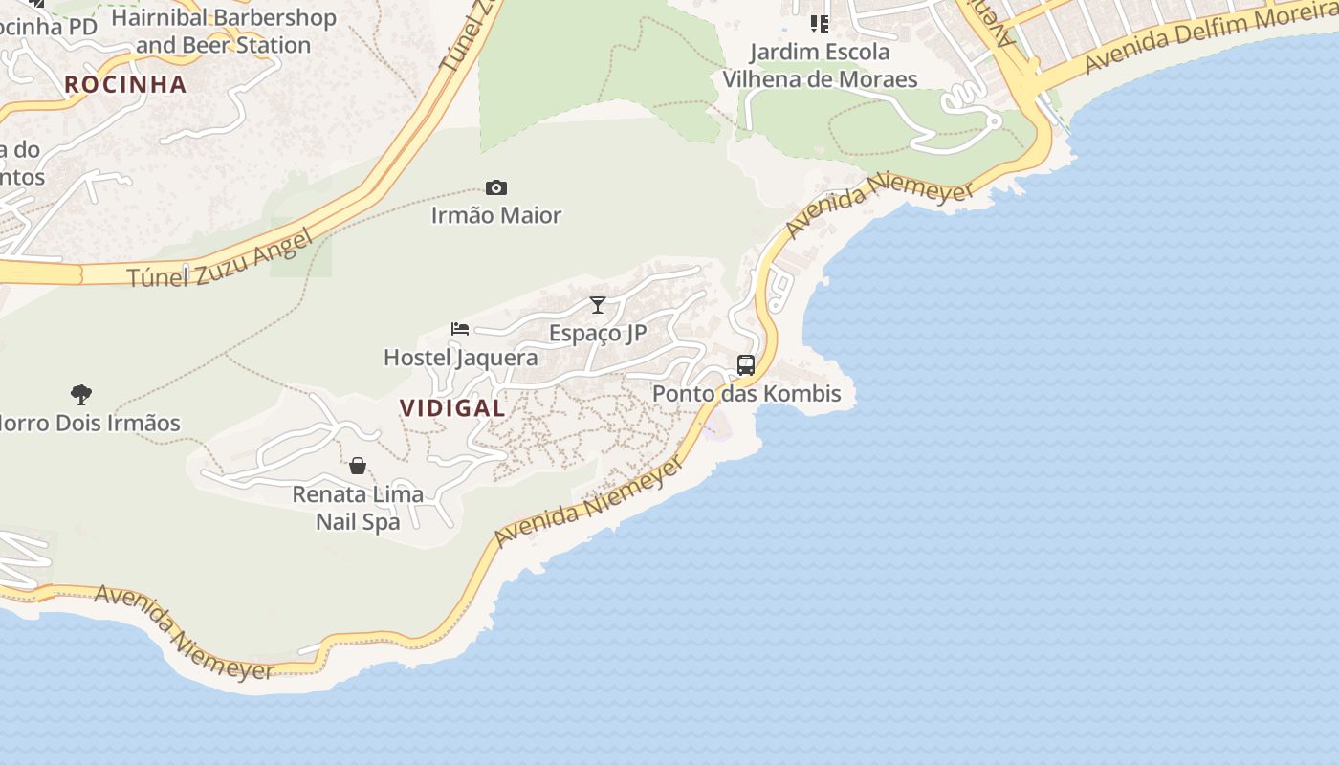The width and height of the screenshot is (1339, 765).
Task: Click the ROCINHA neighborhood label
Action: point(125,84)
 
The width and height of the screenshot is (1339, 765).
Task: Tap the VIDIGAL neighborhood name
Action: point(452,407)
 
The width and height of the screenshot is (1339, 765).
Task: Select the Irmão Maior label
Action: point(495,215)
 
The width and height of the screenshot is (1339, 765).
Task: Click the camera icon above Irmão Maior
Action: point(495,187)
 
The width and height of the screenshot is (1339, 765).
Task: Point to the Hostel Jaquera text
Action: point(460,358)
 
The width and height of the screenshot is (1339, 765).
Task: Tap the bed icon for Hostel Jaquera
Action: point(460,329)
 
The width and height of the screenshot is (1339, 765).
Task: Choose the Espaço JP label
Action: point(598,333)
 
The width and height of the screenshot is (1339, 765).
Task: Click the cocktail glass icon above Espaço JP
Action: point(598,305)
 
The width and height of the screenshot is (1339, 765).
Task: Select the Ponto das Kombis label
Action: point(746,393)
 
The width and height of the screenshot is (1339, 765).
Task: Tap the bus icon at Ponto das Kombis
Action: point(746,364)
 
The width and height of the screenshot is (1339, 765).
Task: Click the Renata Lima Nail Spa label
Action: point(358,508)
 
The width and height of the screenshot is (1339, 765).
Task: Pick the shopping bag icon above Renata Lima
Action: point(358,466)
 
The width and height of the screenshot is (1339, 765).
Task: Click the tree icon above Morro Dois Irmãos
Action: point(81,394)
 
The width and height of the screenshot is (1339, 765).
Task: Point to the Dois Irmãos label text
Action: point(91,423)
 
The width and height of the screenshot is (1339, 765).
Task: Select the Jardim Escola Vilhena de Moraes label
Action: point(820,65)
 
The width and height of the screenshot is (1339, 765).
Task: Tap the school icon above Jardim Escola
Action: point(820,23)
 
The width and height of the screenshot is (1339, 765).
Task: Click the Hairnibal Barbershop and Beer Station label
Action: point(224,31)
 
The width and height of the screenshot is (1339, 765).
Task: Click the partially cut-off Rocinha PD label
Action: point(48,26)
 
